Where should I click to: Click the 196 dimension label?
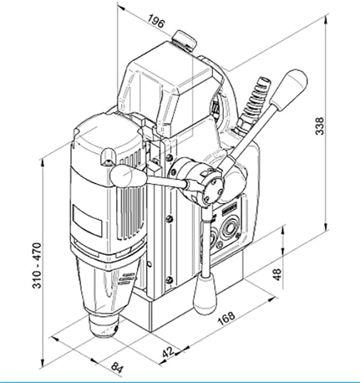tap(155, 21)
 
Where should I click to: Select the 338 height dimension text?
tap(319, 126)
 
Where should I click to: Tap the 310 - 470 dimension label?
tap(37, 266)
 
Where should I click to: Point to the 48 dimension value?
tap(277, 274)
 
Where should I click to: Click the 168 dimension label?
tap(226, 318)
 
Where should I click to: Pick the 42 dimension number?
tap(169, 352)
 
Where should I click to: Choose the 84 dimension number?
tap(117, 368)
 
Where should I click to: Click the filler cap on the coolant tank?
tap(184, 40)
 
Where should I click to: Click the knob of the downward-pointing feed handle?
tap(206, 296)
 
